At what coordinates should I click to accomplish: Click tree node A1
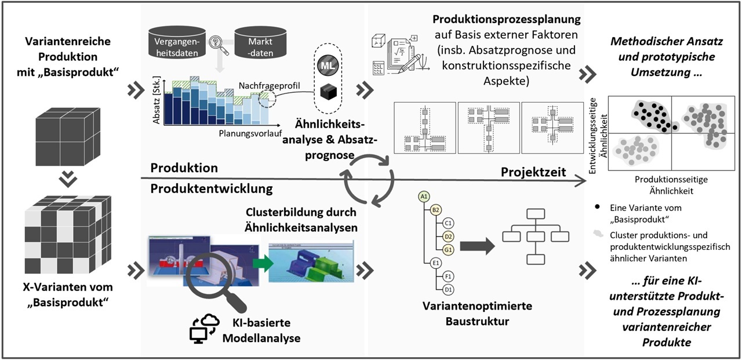[x=424, y=197]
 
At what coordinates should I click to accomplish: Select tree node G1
[x=448, y=249]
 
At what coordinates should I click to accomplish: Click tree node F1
[x=448, y=277]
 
